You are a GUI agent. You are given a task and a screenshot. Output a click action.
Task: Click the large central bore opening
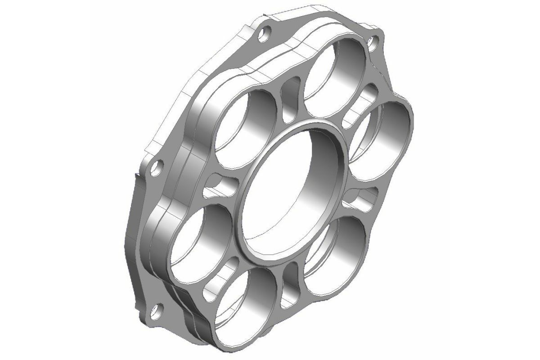click(x=288, y=193)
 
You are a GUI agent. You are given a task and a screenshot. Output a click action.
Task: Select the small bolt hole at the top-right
click(x=373, y=43)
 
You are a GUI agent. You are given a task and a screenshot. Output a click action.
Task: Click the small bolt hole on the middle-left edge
click(x=156, y=169)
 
